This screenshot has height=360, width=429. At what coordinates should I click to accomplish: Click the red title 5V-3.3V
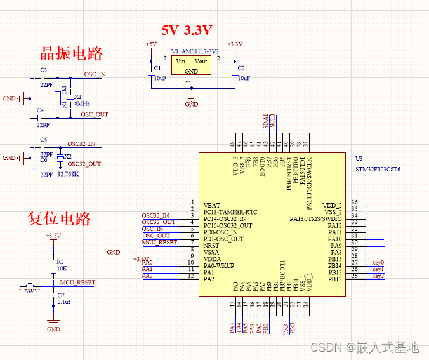[187, 30]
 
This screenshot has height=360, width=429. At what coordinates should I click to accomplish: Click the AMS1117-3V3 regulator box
[191, 65]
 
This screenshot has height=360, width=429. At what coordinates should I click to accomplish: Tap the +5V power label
[151, 44]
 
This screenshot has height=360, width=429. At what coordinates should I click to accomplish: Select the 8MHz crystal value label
[82, 103]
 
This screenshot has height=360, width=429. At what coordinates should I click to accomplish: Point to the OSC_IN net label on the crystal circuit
[95, 74]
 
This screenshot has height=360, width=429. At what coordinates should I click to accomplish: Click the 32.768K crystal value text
[67, 172]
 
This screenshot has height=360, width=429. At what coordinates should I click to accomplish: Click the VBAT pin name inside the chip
[212, 206]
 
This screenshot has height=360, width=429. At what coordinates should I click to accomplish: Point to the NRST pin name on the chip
[212, 246]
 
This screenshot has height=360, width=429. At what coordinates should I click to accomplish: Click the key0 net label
[378, 263]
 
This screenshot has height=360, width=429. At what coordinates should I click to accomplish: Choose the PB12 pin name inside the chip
[334, 279]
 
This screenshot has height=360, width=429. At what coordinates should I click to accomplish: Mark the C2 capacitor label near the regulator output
[241, 67]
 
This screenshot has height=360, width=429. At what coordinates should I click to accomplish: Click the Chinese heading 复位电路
[59, 218]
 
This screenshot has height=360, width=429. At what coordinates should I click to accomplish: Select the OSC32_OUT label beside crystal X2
[85, 164]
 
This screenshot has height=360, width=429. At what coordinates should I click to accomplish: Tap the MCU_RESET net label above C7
[77, 282]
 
